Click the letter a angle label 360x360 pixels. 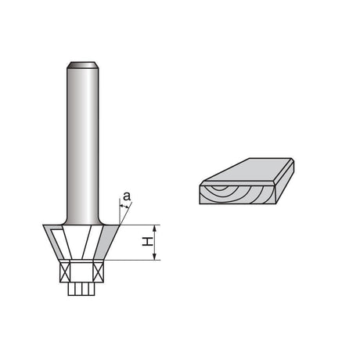click(127, 196)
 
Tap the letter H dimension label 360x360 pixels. click(147, 242)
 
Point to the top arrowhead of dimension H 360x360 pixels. click(155, 228)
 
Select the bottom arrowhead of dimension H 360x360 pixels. click(155, 257)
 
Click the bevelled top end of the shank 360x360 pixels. click(83, 65)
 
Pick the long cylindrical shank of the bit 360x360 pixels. click(83, 143)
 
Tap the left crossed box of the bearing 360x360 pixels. click(65, 272)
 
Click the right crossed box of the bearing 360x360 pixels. click(99, 272)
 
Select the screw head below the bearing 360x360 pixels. click(81, 289)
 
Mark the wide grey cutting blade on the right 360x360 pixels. click(107, 242)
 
